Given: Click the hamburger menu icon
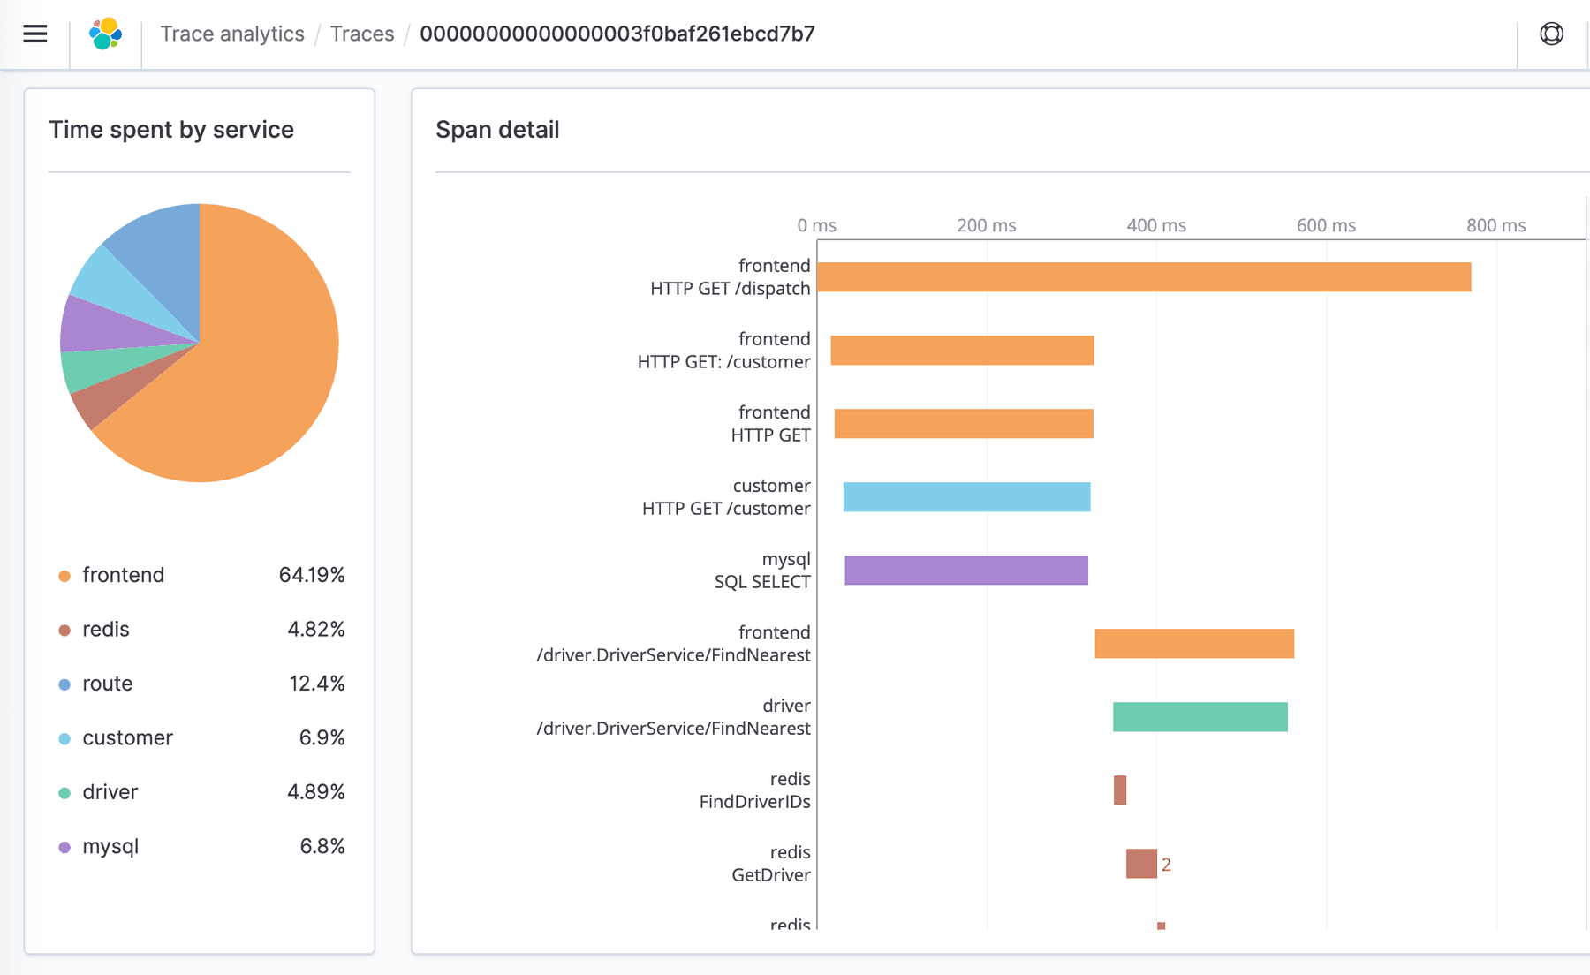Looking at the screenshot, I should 35,34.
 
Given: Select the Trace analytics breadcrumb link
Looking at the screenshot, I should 231,34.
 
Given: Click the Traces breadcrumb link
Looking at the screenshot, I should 362,34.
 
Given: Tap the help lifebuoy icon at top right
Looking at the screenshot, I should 1551,34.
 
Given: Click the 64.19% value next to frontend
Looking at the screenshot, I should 311,575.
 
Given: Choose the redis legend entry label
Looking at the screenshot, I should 106,630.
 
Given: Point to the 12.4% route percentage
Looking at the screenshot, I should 316,684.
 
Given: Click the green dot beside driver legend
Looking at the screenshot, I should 64,793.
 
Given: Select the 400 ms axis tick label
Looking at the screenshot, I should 1155,225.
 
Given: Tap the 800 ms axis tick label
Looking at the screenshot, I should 1495,225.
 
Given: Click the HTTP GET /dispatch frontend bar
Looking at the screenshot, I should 1144,277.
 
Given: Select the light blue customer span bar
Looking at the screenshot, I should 966,497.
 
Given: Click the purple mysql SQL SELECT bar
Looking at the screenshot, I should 965,571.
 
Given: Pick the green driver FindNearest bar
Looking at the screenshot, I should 1200,717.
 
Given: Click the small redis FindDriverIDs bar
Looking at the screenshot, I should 1120,790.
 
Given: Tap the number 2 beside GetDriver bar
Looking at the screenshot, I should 1166,865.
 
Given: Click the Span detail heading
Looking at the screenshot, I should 497,130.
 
